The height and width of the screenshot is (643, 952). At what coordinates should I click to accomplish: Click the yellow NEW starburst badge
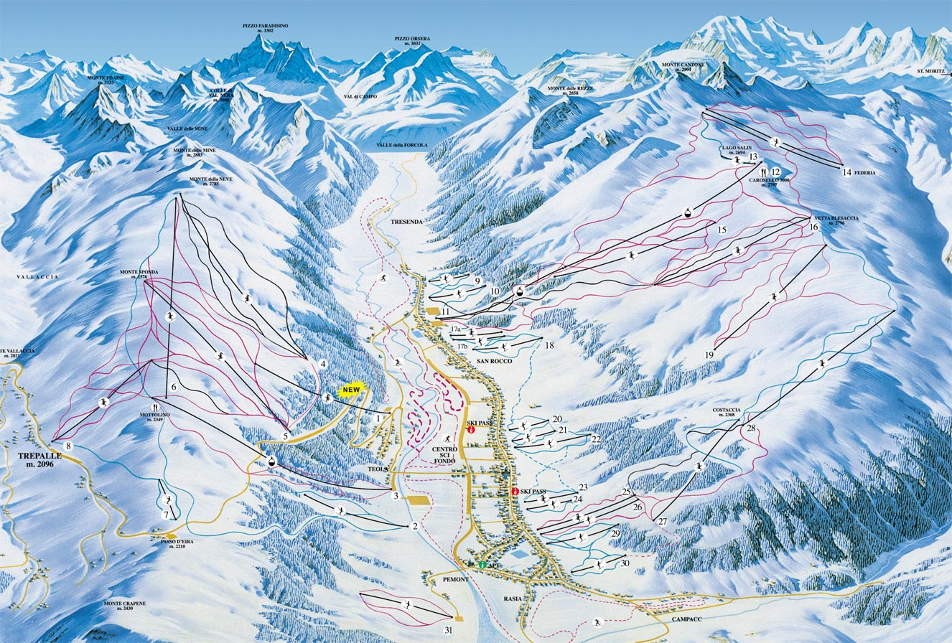coord(351,390)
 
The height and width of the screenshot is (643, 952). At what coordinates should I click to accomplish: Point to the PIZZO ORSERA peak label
coord(411,41)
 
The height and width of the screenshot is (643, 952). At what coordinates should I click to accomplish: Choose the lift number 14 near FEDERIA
coord(846,172)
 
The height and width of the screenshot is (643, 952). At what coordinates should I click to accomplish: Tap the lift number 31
coord(449,630)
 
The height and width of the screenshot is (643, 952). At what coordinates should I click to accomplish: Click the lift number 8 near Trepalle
coord(68,446)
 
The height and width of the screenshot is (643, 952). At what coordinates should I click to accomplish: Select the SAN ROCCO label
coord(492,361)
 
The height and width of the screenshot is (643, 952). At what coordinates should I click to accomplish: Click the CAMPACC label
coord(687,618)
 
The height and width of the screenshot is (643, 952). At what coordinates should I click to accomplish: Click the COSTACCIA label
coord(727,411)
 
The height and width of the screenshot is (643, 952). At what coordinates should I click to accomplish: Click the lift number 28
coord(751,428)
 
